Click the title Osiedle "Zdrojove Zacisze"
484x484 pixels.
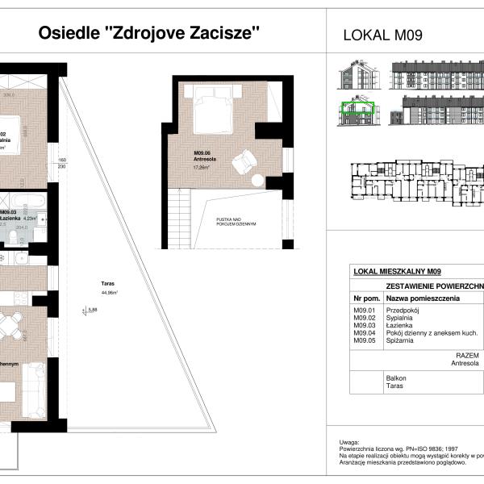coord(150,33)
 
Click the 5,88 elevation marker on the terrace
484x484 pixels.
coord(91,309)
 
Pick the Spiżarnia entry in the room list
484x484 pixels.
coord(400,341)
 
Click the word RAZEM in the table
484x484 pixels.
coord(467,355)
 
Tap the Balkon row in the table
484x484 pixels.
coord(396,378)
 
